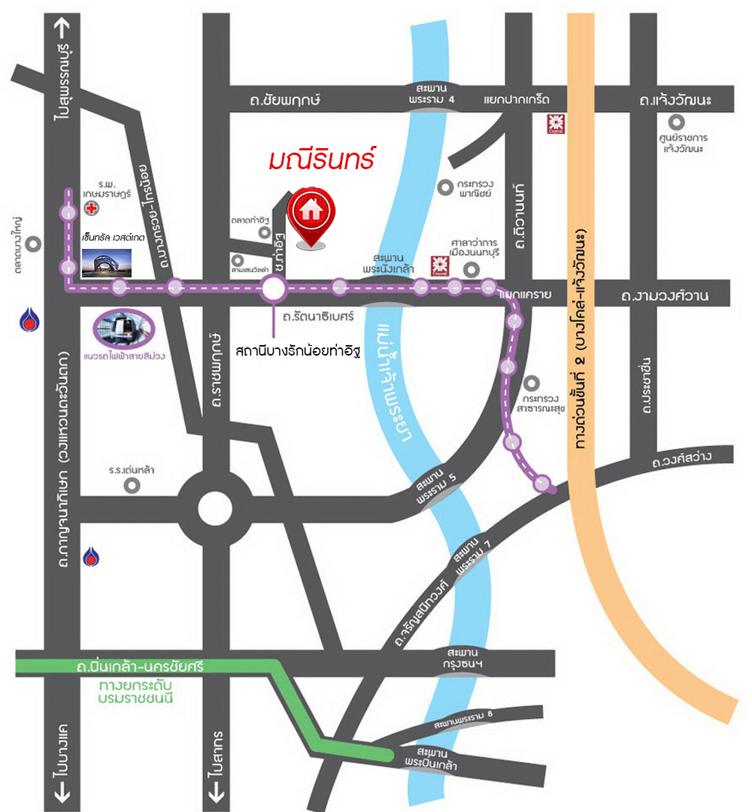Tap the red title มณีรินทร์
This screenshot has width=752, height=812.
pyautogui.click(x=322, y=160)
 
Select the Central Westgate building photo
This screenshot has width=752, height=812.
pyautogui.click(x=106, y=262)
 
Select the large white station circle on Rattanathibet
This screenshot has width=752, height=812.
pyautogui.click(x=273, y=288)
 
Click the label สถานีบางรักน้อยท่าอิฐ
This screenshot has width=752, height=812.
pyautogui.click(x=298, y=350)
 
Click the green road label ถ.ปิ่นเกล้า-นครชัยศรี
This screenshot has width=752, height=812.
pyautogui.click(x=140, y=666)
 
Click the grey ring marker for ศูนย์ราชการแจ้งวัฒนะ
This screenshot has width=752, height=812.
pyautogui.click(x=679, y=120)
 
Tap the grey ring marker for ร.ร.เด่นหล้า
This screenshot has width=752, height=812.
pyautogui.click(x=132, y=485)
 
